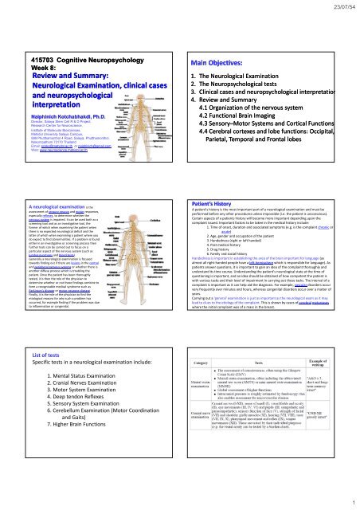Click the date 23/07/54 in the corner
[338, 7]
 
